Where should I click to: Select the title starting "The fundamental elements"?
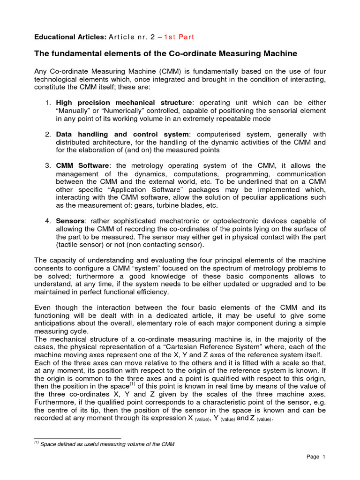click(x=166, y=54)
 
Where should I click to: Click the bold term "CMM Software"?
click(x=82, y=166)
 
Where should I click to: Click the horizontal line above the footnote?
click(x=78, y=438)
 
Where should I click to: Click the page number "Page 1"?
click(x=316, y=457)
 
